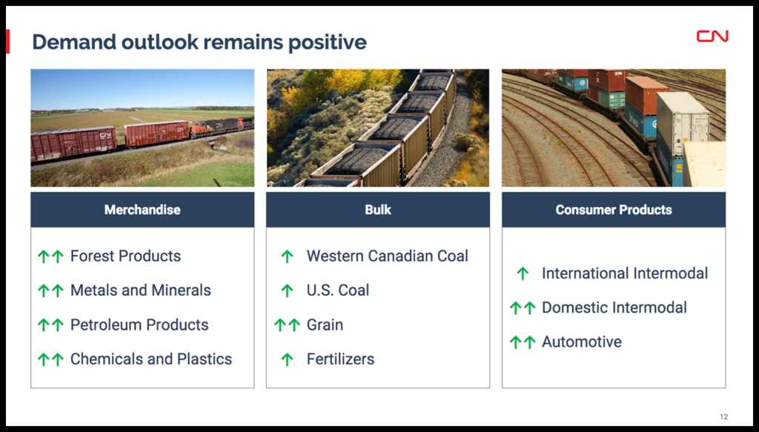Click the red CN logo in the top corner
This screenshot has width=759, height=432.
tap(712, 36)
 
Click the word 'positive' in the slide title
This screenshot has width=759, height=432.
tap(327, 42)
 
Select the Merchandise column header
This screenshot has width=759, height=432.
tap(142, 210)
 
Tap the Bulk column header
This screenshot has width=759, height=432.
tap(377, 210)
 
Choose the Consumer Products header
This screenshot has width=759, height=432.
tap(613, 210)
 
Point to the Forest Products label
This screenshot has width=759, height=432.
tap(125, 256)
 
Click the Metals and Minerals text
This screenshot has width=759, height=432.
tap(140, 290)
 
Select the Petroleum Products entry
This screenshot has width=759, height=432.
tap(139, 325)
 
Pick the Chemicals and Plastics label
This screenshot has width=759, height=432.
tap(151, 359)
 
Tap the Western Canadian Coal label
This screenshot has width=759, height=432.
tap(387, 256)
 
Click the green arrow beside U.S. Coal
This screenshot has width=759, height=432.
tap(287, 290)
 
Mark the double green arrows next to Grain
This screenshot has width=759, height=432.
tap(287, 325)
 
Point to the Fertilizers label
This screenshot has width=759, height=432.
tap(340, 359)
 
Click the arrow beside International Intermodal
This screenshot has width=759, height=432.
tap(523, 274)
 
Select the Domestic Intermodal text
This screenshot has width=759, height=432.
tap(614, 308)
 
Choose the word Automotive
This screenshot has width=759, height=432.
tap(581, 342)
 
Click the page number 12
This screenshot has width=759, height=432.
tap(723, 416)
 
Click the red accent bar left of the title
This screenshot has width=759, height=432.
tap(7, 41)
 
